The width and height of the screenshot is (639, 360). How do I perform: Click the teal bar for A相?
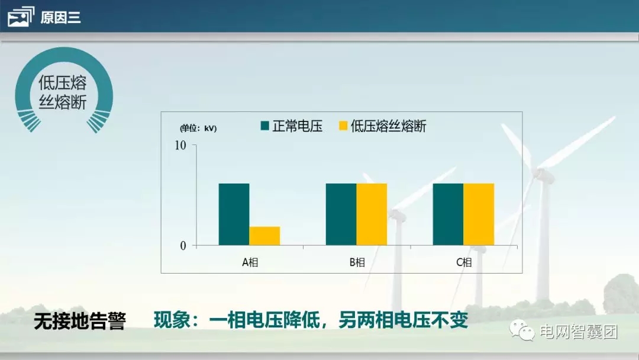pyautogui.click(x=234, y=214)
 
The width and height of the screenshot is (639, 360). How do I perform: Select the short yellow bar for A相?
pyautogui.click(x=264, y=236)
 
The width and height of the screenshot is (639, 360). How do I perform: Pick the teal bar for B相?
pyautogui.click(x=341, y=214)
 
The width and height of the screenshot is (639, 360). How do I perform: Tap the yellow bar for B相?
pyautogui.click(x=372, y=214)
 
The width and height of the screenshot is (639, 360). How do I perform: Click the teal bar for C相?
pyautogui.click(x=448, y=214)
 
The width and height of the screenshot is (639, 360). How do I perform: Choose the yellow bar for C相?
pyautogui.click(x=479, y=214)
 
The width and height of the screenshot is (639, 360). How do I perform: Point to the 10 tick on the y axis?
pyautogui.click(x=180, y=146)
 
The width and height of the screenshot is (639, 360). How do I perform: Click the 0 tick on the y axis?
pyautogui.click(x=183, y=245)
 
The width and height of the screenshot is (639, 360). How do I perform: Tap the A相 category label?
pyautogui.click(x=250, y=262)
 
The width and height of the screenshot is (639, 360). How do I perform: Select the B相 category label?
pyautogui.click(x=357, y=262)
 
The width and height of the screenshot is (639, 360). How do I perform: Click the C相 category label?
pyautogui.click(x=464, y=262)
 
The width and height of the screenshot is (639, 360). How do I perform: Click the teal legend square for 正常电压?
pyautogui.click(x=265, y=126)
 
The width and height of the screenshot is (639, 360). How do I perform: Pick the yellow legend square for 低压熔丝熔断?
pyautogui.click(x=343, y=126)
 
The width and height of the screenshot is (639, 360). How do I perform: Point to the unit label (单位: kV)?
pyautogui.click(x=198, y=128)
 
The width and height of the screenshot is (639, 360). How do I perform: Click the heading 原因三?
pyautogui.click(x=60, y=18)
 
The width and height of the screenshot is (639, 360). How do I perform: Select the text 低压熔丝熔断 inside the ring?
pyautogui.click(x=63, y=92)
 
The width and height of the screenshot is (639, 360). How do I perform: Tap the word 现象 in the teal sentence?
pyautogui.click(x=171, y=320)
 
